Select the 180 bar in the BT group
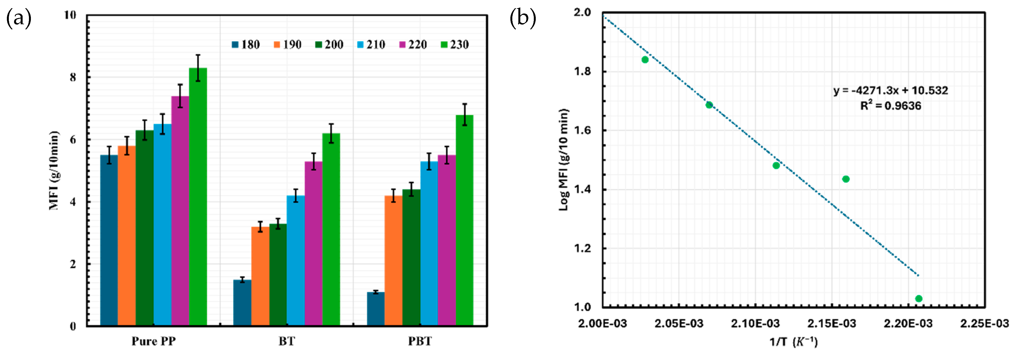[x=242, y=303]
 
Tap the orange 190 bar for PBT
[x=393, y=261]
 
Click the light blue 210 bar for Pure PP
[x=162, y=225]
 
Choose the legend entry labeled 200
[x=329, y=45]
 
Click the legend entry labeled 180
[x=246, y=45]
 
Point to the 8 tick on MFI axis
[x=73, y=77]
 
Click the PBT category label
[x=420, y=341]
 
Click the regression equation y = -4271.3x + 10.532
[x=891, y=90]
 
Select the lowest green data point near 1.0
[x=919, y=298]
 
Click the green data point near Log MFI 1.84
[x=645, y=60]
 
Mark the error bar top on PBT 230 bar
[x=464, y=104]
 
